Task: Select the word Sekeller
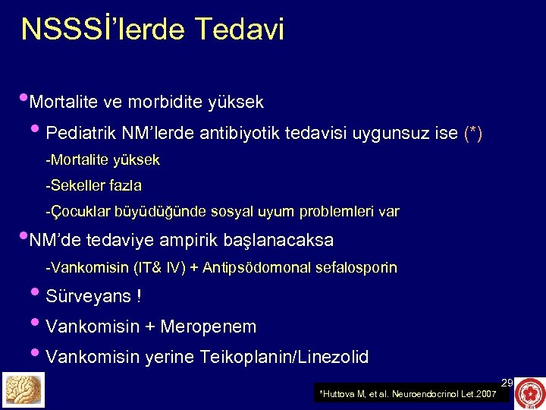coord(77,185)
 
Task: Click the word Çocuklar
coord(79,212)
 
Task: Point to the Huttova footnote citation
coord(408,394)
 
